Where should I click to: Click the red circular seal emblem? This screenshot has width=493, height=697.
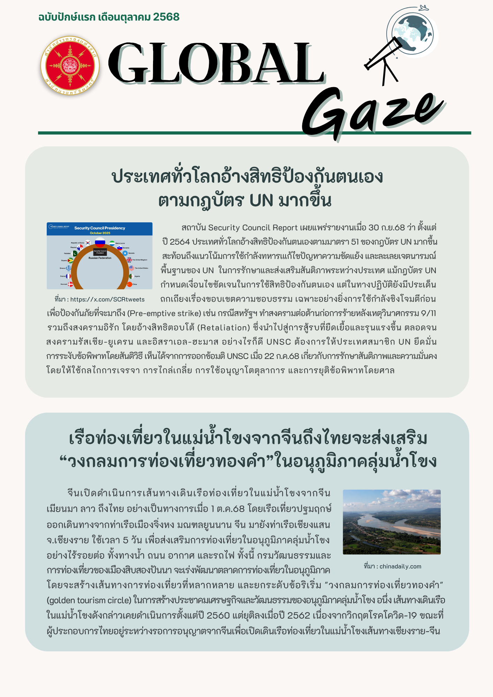(x=70, y=66)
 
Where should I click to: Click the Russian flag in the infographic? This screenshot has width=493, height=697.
(x=100, y=242)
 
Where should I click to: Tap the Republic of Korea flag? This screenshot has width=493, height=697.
(x=88, y=243)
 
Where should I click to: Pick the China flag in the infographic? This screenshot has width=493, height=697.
(x=130, y=284)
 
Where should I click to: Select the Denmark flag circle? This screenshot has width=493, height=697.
(x=70, y=284)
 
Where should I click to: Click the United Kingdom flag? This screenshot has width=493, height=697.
(x=129, y=260)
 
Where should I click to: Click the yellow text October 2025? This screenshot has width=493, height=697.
(x=100, y=233)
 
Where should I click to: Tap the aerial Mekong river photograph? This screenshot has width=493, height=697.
(x=392, y=522)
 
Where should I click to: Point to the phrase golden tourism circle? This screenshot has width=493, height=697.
(x=89, y=600)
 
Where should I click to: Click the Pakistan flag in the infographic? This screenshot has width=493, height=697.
(x=75, y=253)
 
